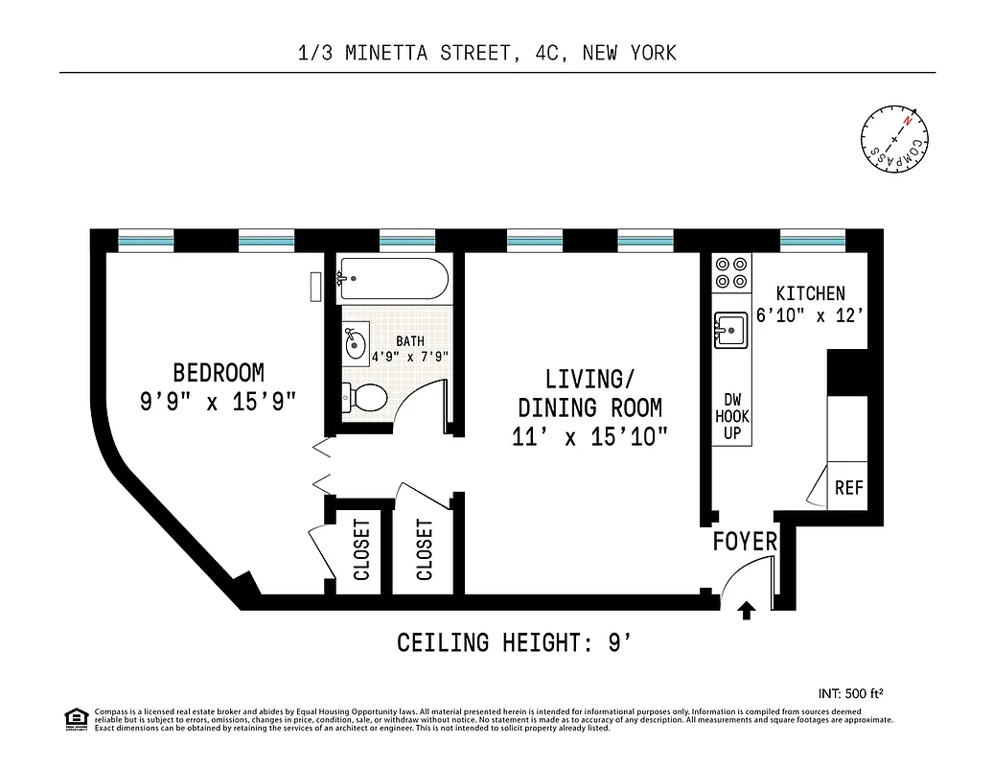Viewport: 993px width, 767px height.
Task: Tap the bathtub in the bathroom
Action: click(x=392, y=279)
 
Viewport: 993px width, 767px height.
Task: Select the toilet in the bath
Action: click(x=364, y=395)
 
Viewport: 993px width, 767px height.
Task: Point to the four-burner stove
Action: click(x=732, y=271)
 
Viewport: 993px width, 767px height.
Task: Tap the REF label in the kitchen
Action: click(x=848, y=487)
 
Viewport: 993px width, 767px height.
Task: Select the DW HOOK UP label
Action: click(x=732, y=417)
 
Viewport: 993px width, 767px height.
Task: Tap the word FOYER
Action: click(x=745, y=542)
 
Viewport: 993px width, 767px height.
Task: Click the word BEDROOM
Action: click(x=219, y=372)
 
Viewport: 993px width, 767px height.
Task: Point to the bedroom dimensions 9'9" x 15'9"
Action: click(x=219, y=402)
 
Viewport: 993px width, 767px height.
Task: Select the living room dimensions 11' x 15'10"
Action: click(x=589, y=437)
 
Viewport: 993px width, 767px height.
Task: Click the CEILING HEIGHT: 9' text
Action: click(x=514, y=642)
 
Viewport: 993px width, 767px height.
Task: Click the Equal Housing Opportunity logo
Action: click(x=75, y=717)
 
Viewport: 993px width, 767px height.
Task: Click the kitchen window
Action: click(x=813, y=240)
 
